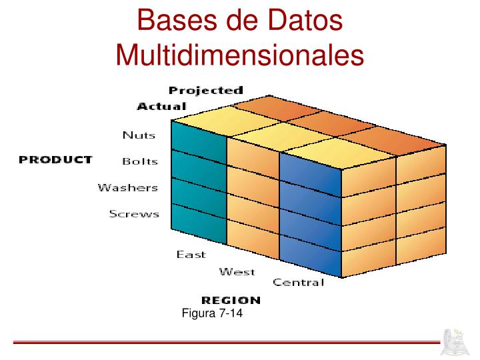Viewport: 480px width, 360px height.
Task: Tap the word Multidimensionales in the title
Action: [x=240, y=54]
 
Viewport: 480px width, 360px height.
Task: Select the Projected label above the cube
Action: [x=205, y=90]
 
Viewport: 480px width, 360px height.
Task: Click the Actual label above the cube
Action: [x=161, y=106]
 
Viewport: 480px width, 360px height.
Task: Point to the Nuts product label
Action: [x=139, y=135]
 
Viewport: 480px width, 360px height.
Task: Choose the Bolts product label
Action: [x=140, y=161]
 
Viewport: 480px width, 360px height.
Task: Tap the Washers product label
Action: [x=128, y=187]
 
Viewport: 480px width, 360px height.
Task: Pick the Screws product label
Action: [x=134, y=214]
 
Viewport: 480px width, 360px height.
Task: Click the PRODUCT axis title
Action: [x=55, y=160]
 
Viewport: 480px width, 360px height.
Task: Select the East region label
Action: [x=191, y=255]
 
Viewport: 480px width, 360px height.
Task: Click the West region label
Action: [x=237, y=271]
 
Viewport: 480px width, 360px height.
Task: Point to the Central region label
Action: [x=298, y=283]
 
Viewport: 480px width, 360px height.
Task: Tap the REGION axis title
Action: [x=231, y=301]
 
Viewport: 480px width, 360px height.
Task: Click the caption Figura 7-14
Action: [x=211, y=314]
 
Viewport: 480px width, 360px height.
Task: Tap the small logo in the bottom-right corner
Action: [x=457, y=341]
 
